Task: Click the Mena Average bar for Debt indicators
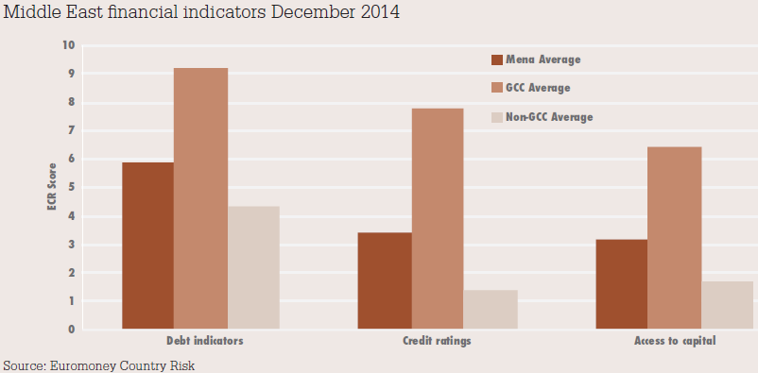coord(147,246)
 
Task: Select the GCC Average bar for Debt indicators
coord(201,198)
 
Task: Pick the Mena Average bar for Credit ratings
coord(386,280)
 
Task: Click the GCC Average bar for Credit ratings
coord(437,218)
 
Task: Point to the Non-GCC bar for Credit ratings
coord(491,309)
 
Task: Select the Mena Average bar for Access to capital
coord(622,284)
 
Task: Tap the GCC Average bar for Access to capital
coord(674,238)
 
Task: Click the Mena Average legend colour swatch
coord(496,59)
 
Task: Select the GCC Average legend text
coord(538,88)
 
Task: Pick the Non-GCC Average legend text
coord(549,117)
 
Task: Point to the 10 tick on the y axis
coord(68,45)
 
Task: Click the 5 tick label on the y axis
coord(70,188)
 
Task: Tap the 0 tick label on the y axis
coord(70,330)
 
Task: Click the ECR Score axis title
coord(53,188)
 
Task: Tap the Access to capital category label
coord(675,342)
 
